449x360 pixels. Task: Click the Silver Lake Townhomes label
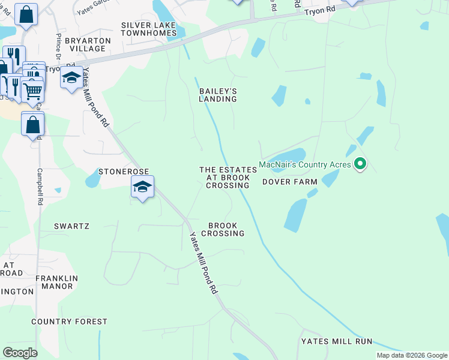coord(149,29)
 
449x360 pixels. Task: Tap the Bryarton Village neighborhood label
coord(88,44)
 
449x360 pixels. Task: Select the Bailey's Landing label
coord(218,95)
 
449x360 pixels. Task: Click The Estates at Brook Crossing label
coord(228,178)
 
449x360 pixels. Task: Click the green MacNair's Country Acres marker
coord(360,163)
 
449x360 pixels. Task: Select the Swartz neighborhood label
coord(71,226)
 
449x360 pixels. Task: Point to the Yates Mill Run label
coord(337,341)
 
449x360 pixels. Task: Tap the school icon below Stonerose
coord(142,187)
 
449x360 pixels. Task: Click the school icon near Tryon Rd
coord(71,78)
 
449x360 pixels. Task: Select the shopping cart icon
coord(33,91)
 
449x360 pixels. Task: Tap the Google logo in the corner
coord(20,352)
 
